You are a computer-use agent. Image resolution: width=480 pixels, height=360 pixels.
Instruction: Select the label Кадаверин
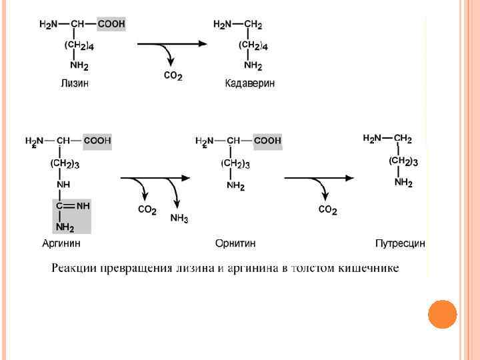[x=249, y=83]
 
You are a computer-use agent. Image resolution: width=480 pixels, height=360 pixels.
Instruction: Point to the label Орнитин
[x=235, y=243]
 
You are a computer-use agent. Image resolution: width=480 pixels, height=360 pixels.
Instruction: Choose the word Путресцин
[x=400, y=243]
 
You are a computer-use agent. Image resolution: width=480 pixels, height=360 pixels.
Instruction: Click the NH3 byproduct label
[x=179, y=218]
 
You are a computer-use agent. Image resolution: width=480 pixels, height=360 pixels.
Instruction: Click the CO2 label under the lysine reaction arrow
[x=173, y=76]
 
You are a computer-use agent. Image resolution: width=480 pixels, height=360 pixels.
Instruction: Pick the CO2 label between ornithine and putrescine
[x=327, y=210]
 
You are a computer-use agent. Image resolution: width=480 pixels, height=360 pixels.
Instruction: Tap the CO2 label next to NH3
[x=147, y=210]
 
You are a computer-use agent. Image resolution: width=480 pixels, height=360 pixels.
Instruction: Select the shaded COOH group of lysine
[x=111, y=25]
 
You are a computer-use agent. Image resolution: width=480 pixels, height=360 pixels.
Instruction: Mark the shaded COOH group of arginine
[x=97, y=141]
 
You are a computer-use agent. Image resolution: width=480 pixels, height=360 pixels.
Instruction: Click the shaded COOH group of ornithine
[x=267, y=141]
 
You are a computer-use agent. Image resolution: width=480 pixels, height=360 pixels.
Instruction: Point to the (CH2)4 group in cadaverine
[x=253, y=46]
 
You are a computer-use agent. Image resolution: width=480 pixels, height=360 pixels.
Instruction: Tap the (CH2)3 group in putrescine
[x=403, y=161]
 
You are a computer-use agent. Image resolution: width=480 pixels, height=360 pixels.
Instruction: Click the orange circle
[x=442, y=314]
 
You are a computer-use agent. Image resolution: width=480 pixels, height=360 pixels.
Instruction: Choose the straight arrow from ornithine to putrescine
[x=318, y=178]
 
